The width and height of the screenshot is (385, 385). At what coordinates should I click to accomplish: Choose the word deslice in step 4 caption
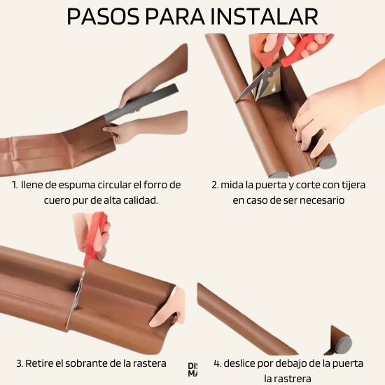pyautogui.click(x=242, y=363)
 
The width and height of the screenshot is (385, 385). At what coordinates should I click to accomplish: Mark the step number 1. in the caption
pyautogui.click(x=15, y=185)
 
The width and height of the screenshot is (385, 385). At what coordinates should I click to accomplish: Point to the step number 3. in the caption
pyautogui.click(x=20, y=363)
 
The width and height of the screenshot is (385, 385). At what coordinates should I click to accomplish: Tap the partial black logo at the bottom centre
pyautogui.click(x=192, y=370)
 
